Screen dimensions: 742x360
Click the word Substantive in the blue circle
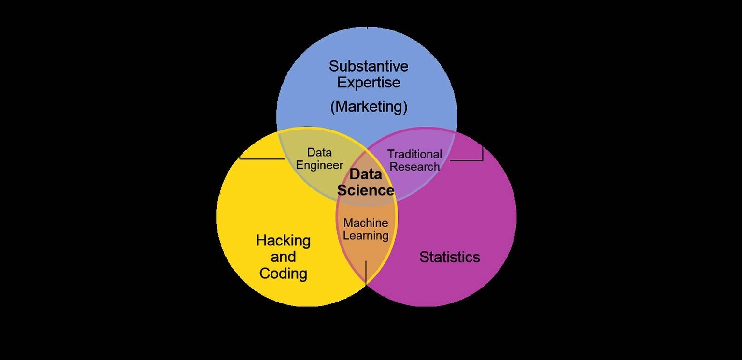[x=369, y=66]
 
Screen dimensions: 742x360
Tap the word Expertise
[x=369, y=83]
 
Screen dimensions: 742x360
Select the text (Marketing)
[x=369, y=107]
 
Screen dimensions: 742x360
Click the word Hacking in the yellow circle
[x=283, y=241]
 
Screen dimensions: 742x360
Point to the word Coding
[x=283, y=274]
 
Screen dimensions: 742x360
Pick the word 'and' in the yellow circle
[x=283, y=257]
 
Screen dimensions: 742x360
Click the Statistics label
[x=450, y=257]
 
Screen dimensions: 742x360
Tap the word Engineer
[x=319, y=165]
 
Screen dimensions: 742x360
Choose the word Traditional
[x=415, y=154]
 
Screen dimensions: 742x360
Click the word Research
[x=415, y=166]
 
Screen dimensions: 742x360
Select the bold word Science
[x=366, y=190]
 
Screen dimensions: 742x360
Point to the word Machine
[x=366, y=223]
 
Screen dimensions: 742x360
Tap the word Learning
[x=366, y=236]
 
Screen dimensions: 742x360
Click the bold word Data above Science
[x=366, y=174]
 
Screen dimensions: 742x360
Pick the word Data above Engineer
[x=319, y=153]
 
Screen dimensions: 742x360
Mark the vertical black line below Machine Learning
[x=366, y=273]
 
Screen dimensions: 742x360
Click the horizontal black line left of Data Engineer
[x=262, y=159]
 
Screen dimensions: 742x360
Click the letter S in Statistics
[x=424, y=257]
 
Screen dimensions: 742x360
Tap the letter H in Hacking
[x=261, y=240]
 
